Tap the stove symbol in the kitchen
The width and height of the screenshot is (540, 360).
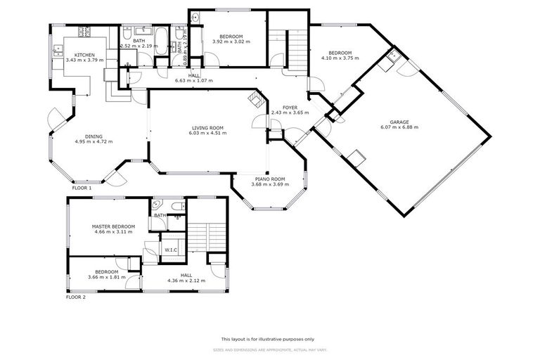point(84,32)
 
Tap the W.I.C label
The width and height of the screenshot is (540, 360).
point(171,250)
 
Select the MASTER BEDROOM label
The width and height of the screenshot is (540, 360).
point(112,226)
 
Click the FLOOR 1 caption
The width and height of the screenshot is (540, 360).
point(82,188)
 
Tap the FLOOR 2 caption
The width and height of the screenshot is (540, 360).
point(75,297)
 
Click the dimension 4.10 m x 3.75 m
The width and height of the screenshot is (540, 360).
point(340,58)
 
